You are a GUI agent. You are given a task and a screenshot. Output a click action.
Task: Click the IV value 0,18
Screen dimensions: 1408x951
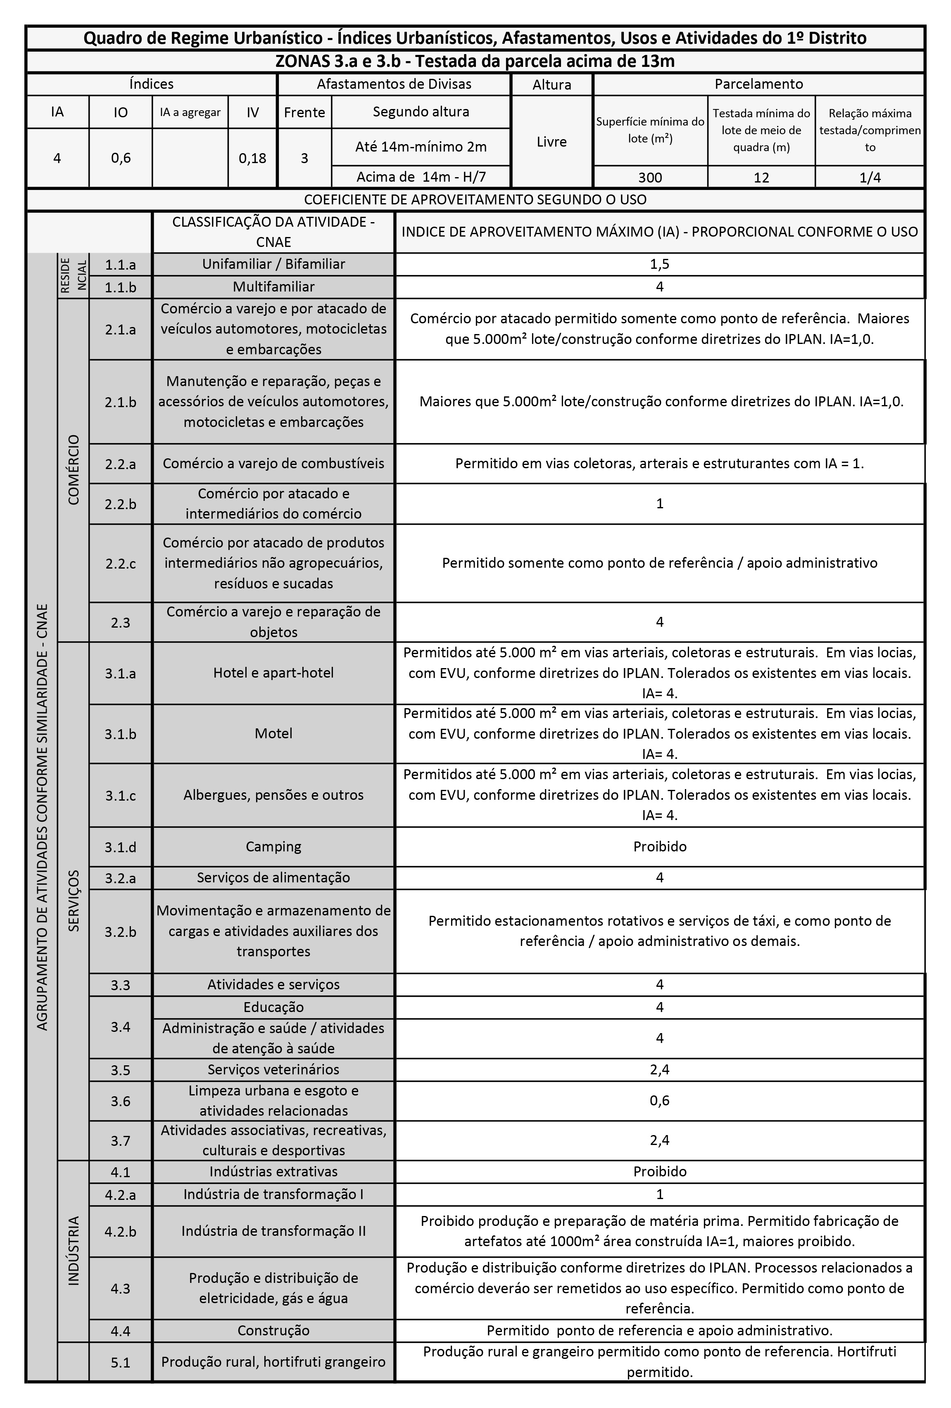(252, 158)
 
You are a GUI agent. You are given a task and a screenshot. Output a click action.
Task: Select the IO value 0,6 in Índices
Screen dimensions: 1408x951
(121, 158)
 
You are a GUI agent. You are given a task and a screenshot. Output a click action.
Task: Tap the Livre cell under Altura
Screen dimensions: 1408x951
(552, 142)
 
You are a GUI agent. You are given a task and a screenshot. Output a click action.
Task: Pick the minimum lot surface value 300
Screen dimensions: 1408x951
(650, 178)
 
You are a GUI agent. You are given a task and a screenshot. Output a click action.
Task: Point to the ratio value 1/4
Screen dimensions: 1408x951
(870, 178)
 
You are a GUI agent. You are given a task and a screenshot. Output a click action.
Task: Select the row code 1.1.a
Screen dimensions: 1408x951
(120, 264)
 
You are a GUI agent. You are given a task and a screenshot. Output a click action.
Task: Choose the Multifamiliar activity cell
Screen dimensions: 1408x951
(273, 287)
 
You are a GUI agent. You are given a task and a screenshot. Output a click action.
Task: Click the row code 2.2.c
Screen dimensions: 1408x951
(120, 564)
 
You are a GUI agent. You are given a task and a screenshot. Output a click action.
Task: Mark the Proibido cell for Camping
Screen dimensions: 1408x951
(659, 846)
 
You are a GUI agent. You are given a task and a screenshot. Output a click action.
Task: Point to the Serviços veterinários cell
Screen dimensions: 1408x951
(273, 1069)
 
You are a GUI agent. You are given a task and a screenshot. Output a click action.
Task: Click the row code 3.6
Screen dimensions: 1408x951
(120, 1101)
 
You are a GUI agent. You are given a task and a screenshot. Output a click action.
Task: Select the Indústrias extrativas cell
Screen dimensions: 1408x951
(273, 1172)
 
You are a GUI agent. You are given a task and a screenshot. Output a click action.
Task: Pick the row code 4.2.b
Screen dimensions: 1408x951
(120, 1231)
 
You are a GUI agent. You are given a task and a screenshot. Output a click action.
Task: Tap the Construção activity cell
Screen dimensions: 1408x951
(273, 1330)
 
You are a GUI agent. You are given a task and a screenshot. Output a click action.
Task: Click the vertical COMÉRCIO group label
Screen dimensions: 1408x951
(74, 469)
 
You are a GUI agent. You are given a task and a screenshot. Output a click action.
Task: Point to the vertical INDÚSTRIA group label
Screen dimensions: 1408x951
(74, 1251)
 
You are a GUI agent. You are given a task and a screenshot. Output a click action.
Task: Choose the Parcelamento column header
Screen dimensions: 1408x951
(758, 84)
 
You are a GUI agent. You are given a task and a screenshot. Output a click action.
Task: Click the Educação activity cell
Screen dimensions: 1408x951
(273, 1007)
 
